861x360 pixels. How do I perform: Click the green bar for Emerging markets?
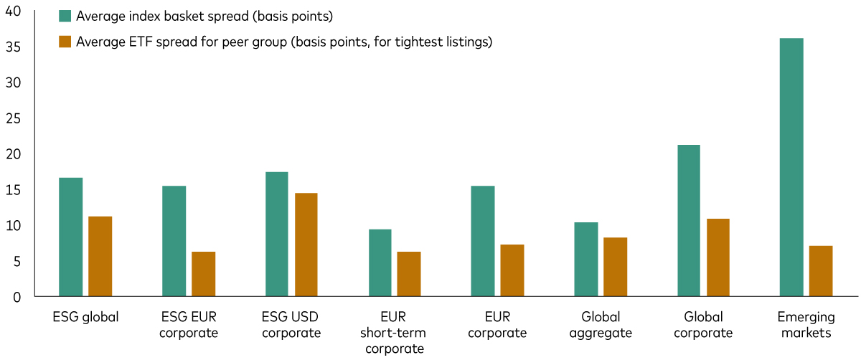791,167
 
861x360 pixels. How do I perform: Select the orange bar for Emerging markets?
821,271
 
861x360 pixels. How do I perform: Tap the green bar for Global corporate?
689,221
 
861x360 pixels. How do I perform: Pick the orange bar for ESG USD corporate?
306,245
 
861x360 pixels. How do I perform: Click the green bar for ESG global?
70,237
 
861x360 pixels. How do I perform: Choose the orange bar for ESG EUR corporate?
203,274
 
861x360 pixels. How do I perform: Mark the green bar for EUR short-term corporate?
380,262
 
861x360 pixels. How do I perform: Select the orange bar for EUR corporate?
512,270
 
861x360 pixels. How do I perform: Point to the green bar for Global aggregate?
586,259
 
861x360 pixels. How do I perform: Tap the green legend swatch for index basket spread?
65,16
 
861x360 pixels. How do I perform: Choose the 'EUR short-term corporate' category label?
394,333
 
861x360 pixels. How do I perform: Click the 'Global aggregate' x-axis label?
601,325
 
